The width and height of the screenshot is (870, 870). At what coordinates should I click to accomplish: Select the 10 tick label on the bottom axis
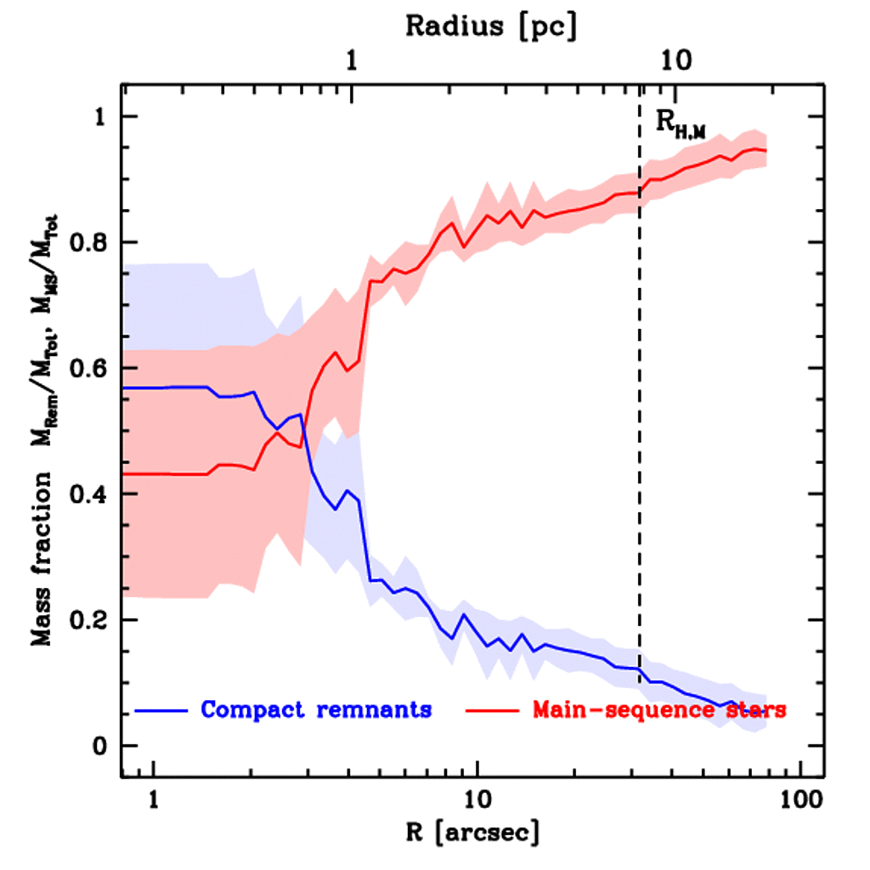[x=477, y=799]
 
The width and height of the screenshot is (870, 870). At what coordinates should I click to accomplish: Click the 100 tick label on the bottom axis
[x=799, y=799]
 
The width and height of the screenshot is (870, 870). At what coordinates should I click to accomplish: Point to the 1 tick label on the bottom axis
[x=154, y=799]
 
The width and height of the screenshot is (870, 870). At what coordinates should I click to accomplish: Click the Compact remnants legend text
[x=316, y=709]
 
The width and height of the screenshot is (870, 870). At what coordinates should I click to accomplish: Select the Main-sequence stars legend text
[x=659, y=709]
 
